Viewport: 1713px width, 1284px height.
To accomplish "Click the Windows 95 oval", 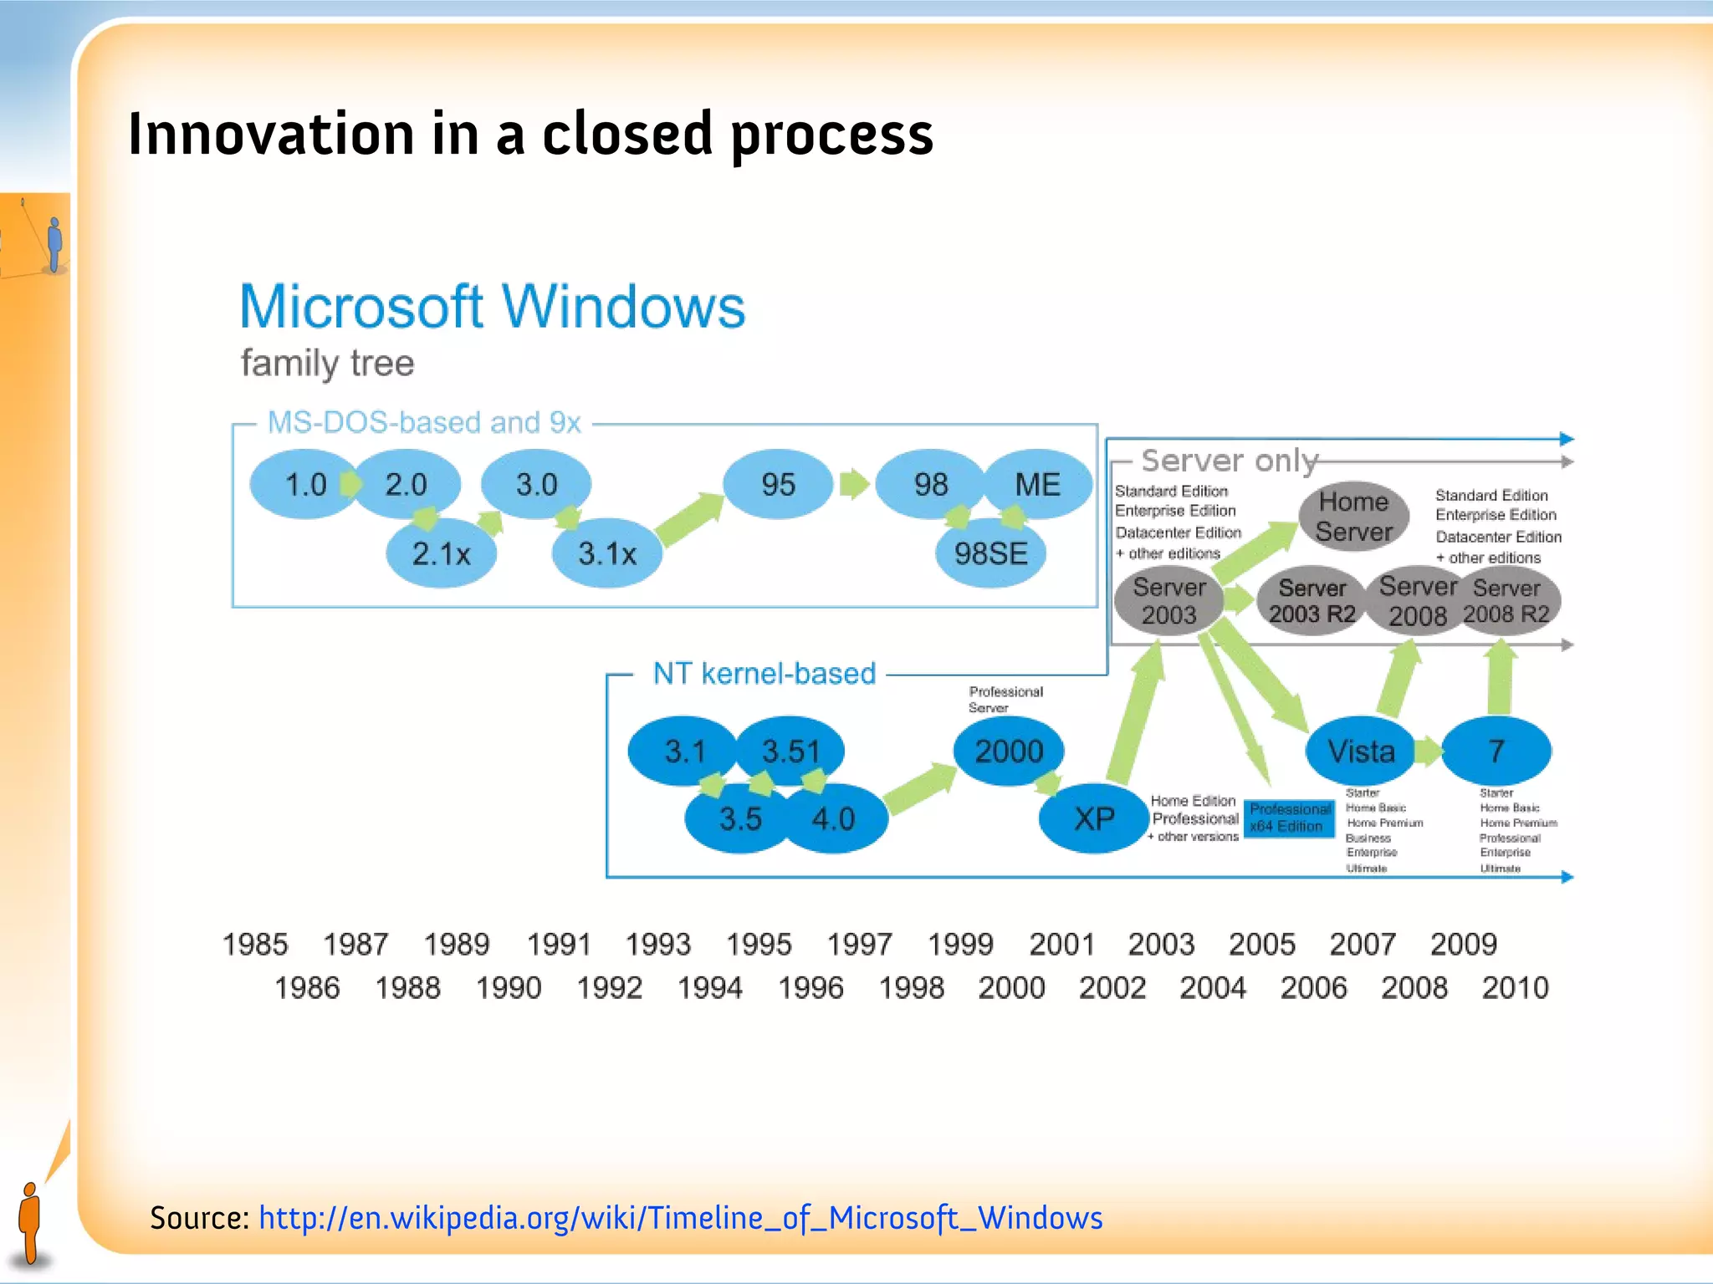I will pyautogui.click(x=778, y=485).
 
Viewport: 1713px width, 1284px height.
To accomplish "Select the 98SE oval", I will pyautogui.click(x=990, y=553).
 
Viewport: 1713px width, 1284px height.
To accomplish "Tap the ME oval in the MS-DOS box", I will pyautogui.click(x=1037, y=485).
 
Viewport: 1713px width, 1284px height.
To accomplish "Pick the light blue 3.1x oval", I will pyautogui.click(x=607, y=553).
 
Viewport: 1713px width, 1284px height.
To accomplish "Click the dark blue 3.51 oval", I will pyautogui.click(x=790, y=751).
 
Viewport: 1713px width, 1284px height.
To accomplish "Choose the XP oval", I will pyautogui.click(x=1093, y=818).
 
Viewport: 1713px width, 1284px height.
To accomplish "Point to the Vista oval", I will pyautogui.click(x=1361, y=751).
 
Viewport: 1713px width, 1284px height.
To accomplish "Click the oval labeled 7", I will pyautogui.click(x=1496, y=751).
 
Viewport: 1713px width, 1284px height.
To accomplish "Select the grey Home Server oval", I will pyautogui.click(x=1353, y=517).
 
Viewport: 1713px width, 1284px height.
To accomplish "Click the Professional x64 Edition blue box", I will pyautogui.click(x=1289, y=818).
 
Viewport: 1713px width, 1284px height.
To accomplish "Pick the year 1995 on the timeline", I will pyautogui.click(x=759, y=945).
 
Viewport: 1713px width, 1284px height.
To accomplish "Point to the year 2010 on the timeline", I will pyautogui.click(x=1515, y=988).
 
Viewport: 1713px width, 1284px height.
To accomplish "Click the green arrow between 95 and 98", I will pyautogui.click(x=854, y=484).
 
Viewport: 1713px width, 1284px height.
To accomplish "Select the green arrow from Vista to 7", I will pyautogui.click(x=1429, y=751).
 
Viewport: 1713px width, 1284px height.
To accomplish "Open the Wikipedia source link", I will pyautogui.click(x=680, y=1218).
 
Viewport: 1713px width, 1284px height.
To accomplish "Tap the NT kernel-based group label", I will pyautogui.click(x=764, y=674).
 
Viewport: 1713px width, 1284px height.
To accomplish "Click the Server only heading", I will pyautogui.click(x=1229, y=461).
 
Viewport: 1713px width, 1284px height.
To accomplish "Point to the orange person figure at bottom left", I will pyautogui.click(x=30, y=1222).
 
